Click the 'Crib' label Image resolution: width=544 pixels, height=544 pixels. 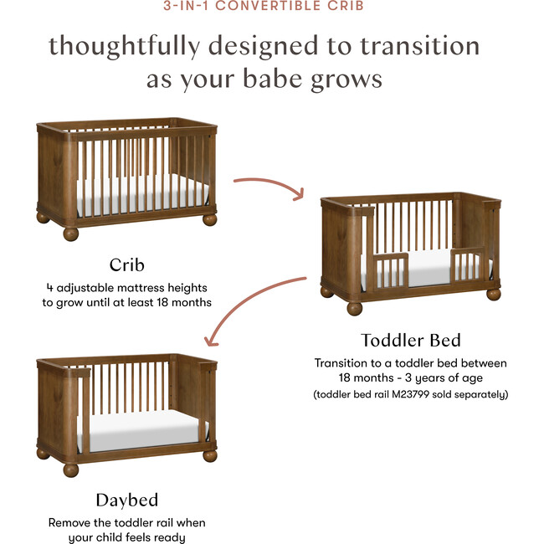127,266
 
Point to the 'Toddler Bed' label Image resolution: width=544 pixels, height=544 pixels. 410,340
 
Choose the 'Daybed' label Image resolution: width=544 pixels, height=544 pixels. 126,500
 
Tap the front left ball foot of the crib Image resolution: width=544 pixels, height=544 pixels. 71,233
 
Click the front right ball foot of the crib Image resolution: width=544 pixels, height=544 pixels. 210,218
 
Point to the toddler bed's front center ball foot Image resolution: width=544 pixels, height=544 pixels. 355,307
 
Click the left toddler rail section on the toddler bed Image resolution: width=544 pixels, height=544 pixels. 390,269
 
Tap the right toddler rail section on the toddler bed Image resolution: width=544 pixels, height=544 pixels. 468,265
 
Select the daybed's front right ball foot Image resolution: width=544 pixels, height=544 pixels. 210,455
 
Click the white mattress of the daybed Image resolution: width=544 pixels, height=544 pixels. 147,426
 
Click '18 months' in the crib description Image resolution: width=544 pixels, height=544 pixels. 184,302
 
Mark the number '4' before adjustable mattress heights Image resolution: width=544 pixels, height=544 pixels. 50,287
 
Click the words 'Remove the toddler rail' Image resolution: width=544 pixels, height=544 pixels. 115,522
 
